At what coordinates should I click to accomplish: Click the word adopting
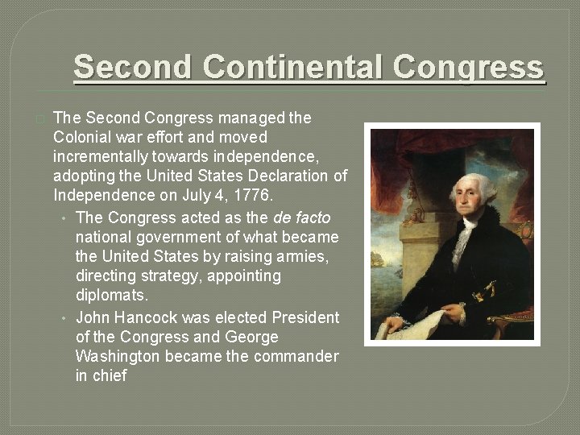[84, 176]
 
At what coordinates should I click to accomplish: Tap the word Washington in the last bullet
[117, 356]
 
